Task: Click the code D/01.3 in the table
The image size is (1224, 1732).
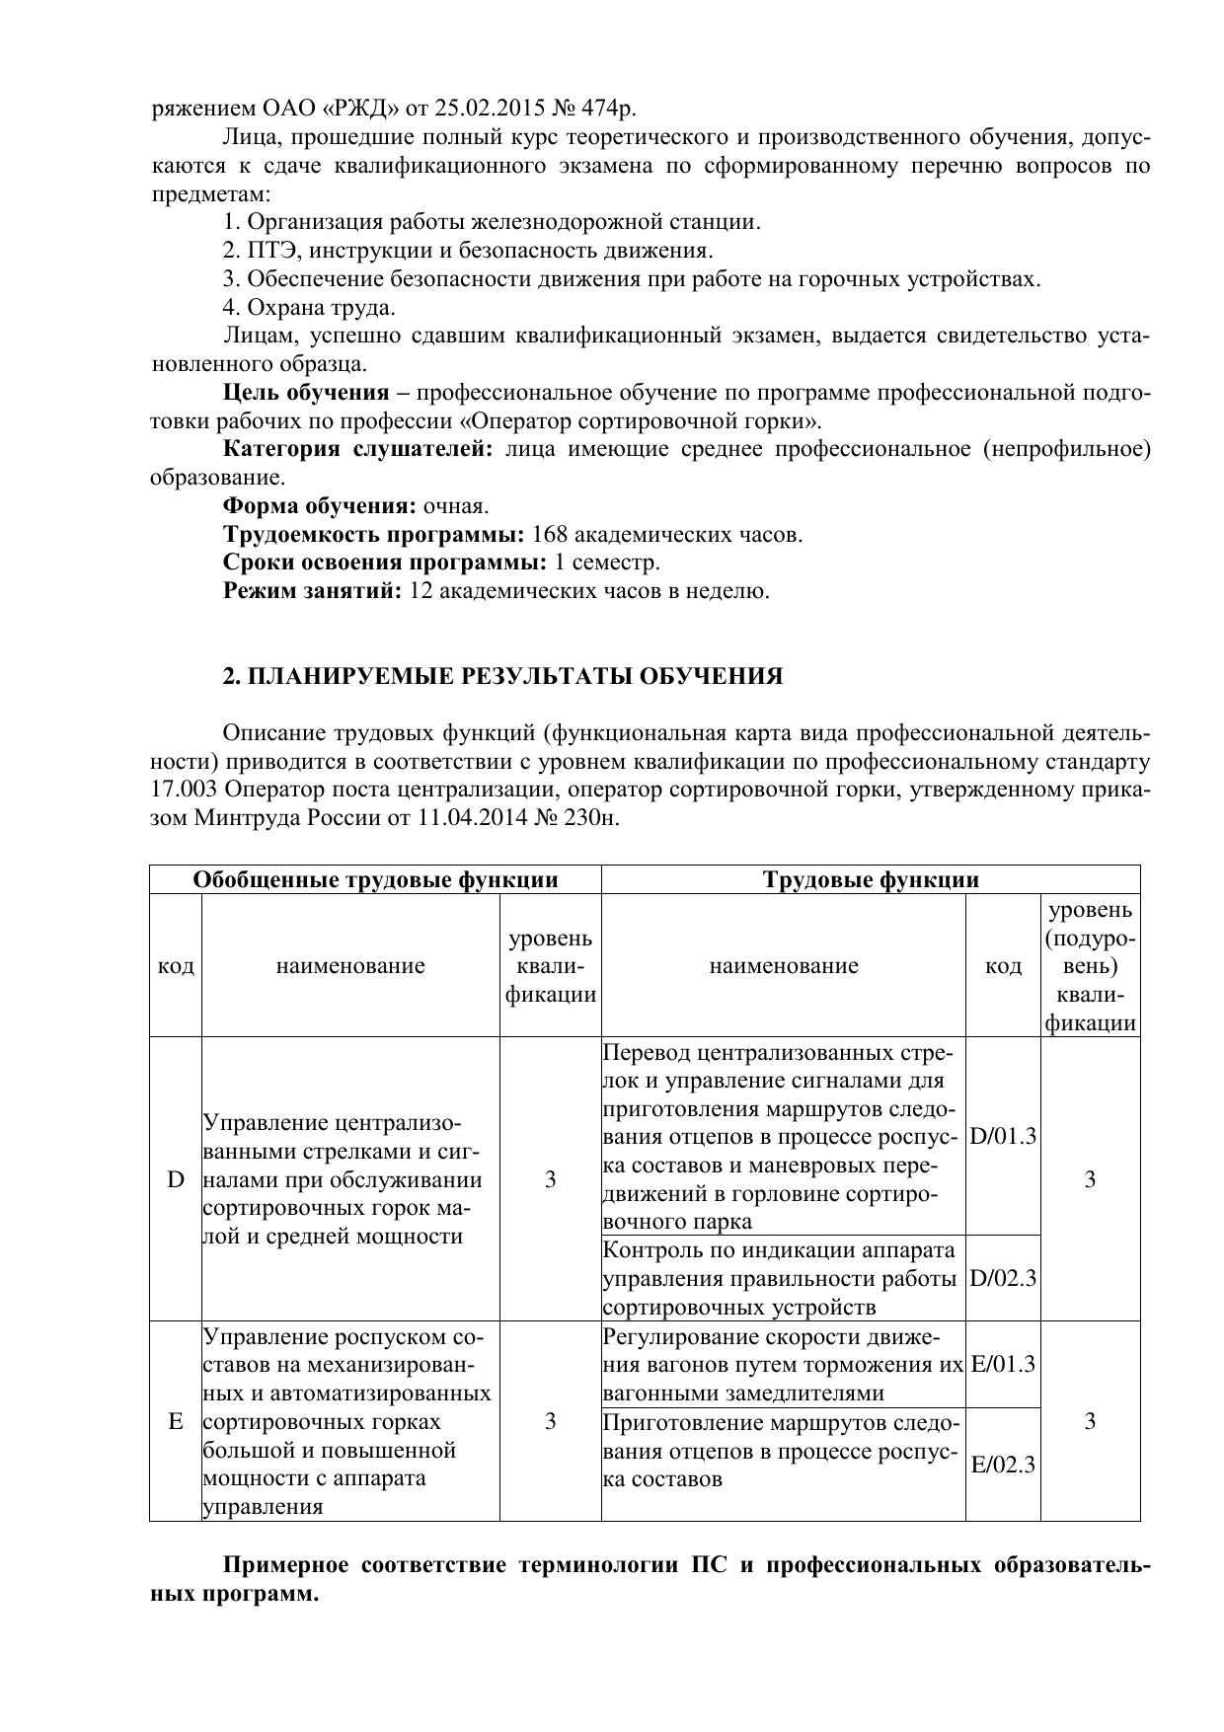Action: point(1003,1136)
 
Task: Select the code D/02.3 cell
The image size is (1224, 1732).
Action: point(1003,1278)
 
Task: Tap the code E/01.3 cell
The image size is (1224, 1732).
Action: point(1003,1364)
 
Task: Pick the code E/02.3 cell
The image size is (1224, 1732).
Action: point(1003,1464)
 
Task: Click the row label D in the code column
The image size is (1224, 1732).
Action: point(176,1179)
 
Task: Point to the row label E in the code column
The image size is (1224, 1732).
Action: point(176,1421)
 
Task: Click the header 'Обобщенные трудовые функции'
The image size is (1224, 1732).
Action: point(375,880)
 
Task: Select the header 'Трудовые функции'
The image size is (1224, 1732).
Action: point(871,880)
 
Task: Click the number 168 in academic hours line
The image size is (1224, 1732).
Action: point(550,535)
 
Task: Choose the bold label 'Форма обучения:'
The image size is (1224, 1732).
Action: point(320,506)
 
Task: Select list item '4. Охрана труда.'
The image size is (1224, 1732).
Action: point(309,307)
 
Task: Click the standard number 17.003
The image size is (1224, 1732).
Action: point(184,791)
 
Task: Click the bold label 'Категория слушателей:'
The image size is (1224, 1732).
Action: point(357,449)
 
